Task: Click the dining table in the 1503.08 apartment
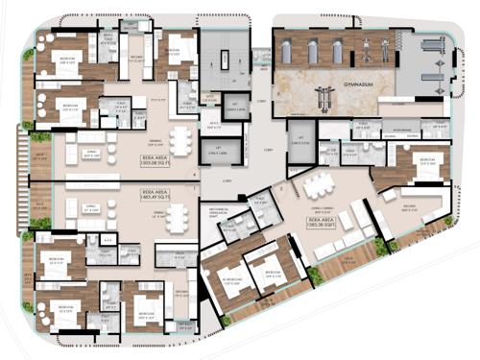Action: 178,141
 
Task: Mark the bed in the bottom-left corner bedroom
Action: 60,306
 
